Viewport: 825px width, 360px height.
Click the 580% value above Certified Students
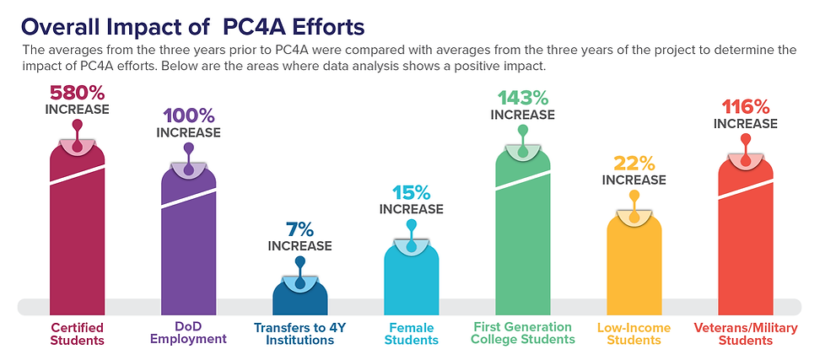[77, 92]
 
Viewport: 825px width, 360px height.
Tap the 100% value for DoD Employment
[188, 116]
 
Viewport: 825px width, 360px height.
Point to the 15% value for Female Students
[411, 191]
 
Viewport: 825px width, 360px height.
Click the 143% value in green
[522, 98]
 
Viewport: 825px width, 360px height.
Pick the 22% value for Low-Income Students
[634, 163]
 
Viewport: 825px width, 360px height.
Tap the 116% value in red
[745, 107]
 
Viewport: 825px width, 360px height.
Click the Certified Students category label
[77, 334]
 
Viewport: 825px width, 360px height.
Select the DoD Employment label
[188, 333]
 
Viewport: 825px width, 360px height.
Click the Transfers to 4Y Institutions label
[299, 334]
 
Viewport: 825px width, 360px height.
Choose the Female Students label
[411, 334]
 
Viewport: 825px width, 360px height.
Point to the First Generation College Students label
[522, 333]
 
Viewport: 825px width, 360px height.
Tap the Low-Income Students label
[634, 333]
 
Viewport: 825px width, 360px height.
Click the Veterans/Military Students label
[745, 334]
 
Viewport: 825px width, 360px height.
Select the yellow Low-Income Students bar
[634, 261]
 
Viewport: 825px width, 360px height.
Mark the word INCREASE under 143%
[522, 115]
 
